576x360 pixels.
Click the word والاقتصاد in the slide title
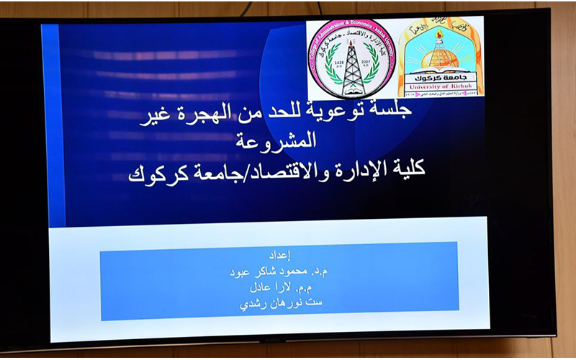292,170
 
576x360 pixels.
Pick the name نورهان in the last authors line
283,303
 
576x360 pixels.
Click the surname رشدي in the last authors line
253,303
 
